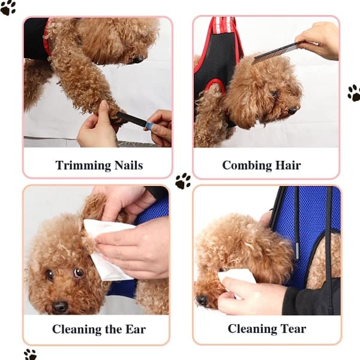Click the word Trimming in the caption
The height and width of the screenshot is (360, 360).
click(x=83, y=166)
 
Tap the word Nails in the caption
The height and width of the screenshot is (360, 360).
click(x=128, y=165)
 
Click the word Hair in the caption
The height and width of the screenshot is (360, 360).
click(x=288, y=165)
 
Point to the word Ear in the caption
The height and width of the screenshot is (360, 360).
click(x=136, y=329)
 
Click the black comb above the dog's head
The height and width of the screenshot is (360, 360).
click(x=276, y=53)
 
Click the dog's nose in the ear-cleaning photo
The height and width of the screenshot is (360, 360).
click(x=59, y=307)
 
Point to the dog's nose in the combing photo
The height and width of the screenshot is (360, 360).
click(x=293, y=110)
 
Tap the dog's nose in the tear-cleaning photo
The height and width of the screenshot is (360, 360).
click(x=202, y=299)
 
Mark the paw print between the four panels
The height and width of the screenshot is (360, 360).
click(x=183, y=181)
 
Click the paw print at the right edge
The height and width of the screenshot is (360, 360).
click(x=354, y=93)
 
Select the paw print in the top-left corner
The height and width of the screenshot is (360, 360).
click(x=8, y=8)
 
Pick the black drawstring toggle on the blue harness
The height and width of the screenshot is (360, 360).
click(x=298, y=251)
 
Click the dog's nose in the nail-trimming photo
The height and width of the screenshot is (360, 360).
click(x=138, y=59)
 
